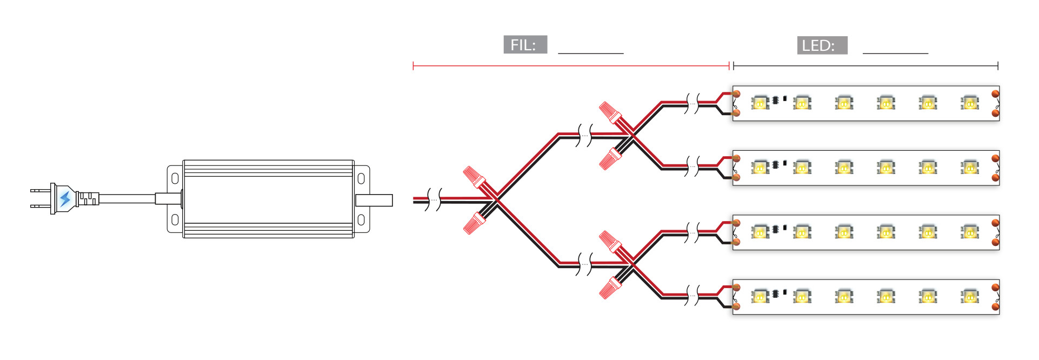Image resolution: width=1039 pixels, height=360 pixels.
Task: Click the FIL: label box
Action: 525,45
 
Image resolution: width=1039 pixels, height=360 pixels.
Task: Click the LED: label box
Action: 822,45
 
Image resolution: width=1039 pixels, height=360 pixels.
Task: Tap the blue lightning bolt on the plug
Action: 65,199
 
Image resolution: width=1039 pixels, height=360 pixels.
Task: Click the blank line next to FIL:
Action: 590,52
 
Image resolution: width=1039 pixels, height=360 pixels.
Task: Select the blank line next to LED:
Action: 895,52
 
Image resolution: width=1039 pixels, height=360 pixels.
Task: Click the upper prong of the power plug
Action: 39,191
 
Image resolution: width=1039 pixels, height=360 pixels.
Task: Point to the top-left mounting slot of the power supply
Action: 175,178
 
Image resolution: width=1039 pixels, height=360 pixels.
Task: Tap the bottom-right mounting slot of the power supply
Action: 361,220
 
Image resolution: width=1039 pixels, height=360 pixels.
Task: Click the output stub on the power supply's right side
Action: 374,200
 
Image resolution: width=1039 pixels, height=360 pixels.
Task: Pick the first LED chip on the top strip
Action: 760,103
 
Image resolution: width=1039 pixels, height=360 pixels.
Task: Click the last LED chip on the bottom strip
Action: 970,296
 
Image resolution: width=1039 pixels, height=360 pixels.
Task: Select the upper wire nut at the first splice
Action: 474,177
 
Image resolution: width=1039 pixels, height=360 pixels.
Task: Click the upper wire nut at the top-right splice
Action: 610,112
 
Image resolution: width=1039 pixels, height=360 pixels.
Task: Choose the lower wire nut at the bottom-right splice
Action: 610,288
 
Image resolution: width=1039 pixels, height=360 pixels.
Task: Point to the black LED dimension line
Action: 865,66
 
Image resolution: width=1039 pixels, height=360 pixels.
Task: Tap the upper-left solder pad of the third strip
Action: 736,223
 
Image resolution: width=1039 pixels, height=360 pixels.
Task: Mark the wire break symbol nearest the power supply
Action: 434,199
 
